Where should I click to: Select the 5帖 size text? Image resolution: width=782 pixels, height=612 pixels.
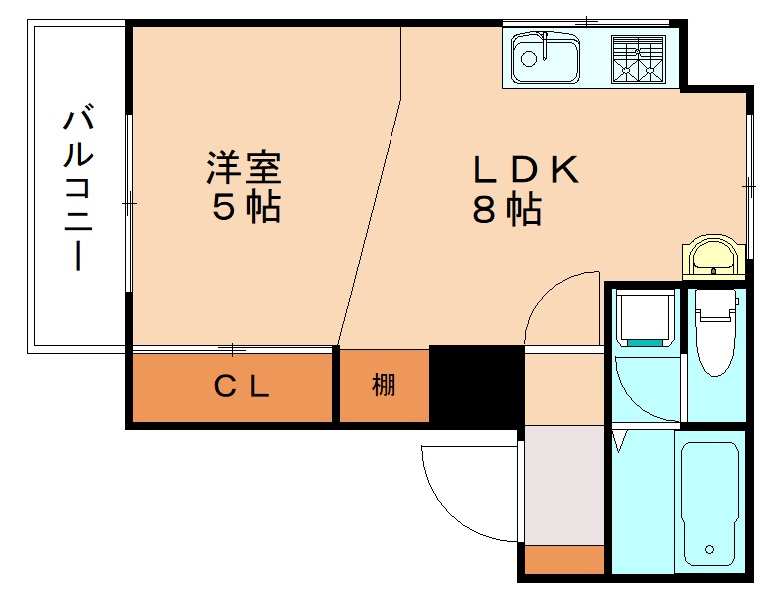[x=244, y=207]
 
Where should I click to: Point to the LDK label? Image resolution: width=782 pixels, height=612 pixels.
[x=525, y=171]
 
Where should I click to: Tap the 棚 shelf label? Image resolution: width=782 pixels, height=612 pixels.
[x=384, y=385]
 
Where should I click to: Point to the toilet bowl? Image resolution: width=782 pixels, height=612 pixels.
[x=715, y=338]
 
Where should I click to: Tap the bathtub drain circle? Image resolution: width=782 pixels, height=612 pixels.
[x=710, y=549]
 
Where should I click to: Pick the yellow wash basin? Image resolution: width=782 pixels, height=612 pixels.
[x=713, y=256]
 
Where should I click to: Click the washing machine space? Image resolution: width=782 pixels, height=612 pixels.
[x=643, y=317]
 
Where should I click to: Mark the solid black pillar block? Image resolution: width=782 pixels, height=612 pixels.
[x=476, y=383]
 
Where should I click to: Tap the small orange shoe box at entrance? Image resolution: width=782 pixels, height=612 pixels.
[x=565, y=560]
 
